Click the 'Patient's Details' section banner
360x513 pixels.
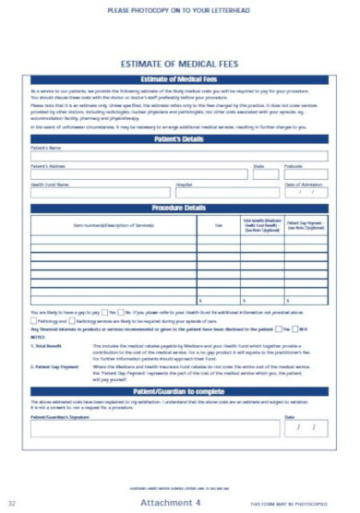179,138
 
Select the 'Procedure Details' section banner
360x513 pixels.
179,209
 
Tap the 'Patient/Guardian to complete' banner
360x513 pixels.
179,391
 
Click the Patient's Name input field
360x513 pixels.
179,156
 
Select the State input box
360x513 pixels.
264,174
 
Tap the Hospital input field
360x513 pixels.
226,193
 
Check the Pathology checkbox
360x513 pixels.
34,320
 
